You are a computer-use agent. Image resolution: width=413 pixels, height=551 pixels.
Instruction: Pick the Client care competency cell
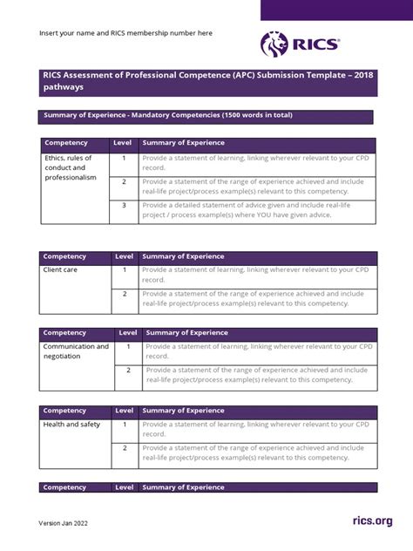tap(61, 270)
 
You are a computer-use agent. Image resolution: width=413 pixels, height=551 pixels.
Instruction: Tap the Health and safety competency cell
tap(72, 425)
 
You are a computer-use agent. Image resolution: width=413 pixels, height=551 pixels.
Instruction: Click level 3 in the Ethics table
tap(124, 206)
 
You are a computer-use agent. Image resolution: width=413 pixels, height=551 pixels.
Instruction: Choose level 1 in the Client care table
tap(125, 270)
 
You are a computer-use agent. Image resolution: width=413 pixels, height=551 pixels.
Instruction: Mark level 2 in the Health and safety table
tap(125, 448)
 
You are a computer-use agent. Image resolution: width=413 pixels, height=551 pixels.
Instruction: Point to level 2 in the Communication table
tap(128, 370)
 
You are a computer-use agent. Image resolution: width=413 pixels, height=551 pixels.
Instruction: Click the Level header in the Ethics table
tap(122, 142)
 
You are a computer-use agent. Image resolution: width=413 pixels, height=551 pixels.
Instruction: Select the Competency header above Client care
tap(64, 256)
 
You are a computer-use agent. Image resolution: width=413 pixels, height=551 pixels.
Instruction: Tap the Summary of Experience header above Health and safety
tap(183, 411)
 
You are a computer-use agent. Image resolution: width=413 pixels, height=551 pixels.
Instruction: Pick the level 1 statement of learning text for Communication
tap(260, 351)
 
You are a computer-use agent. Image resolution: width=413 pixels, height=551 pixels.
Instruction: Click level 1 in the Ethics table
tap(124, 158)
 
